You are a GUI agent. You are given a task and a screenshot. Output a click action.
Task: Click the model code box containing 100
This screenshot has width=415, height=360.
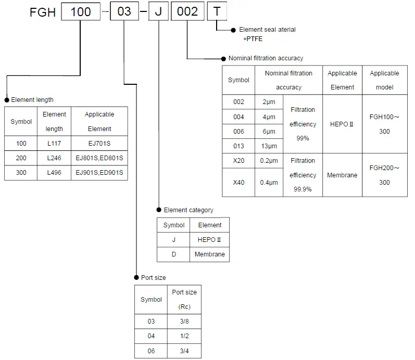(81, 12)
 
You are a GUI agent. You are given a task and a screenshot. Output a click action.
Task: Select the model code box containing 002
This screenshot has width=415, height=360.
(187, 12)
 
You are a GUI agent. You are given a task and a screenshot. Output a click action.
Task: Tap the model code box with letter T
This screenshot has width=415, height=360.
(217, 12)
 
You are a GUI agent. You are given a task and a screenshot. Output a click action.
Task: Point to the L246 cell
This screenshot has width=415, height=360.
(54, 158)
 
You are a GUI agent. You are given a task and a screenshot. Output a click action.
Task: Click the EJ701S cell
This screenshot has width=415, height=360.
(99, 143)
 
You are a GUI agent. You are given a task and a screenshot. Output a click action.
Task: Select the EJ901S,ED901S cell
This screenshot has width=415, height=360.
(99, 172)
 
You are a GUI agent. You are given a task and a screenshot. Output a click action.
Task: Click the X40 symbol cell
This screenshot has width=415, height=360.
(238, 182)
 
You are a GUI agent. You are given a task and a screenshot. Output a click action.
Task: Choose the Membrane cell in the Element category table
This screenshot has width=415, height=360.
(210, 254)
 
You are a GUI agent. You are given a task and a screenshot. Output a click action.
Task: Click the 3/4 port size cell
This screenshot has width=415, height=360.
(184, 351)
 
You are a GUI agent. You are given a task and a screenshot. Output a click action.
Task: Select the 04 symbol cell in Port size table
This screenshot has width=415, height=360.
(151, 336)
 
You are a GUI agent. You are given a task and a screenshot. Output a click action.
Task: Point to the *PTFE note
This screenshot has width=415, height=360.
(253, 39)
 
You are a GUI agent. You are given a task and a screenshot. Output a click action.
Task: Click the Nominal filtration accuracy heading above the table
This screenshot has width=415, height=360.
(266, 58)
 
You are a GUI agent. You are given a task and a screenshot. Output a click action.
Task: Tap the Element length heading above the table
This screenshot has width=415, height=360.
(32, 100)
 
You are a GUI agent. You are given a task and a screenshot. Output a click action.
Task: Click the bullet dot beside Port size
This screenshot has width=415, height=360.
(136, 277)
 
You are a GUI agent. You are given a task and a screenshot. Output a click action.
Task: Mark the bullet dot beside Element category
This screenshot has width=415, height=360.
(159, 210)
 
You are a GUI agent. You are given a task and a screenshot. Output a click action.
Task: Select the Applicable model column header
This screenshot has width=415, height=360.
(384, 80)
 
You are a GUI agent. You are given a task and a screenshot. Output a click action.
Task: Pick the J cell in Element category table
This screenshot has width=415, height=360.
(173, 240)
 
